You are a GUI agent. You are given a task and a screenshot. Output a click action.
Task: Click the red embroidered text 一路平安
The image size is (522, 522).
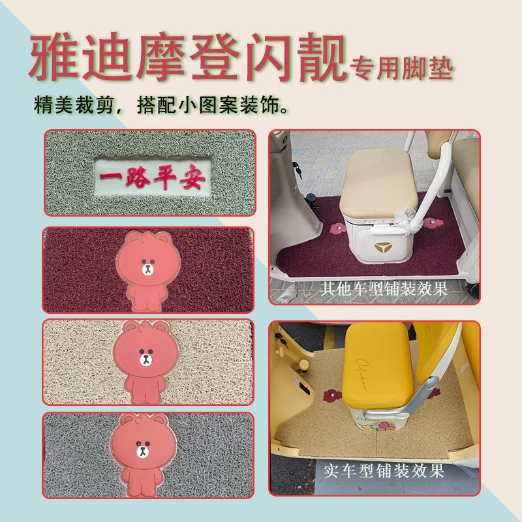pyautogui.click(x=151, y=177)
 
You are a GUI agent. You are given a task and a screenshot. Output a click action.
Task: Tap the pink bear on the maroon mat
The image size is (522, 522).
pyautogui.click(x=147, y=270)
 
